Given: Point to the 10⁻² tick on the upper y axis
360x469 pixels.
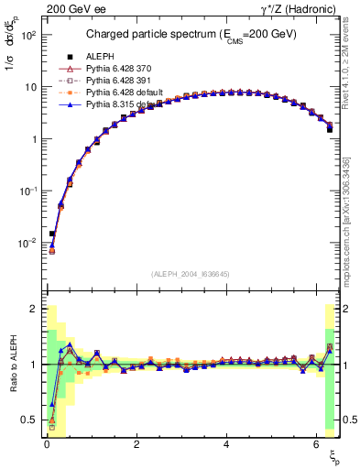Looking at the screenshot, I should (x=29, y=243).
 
